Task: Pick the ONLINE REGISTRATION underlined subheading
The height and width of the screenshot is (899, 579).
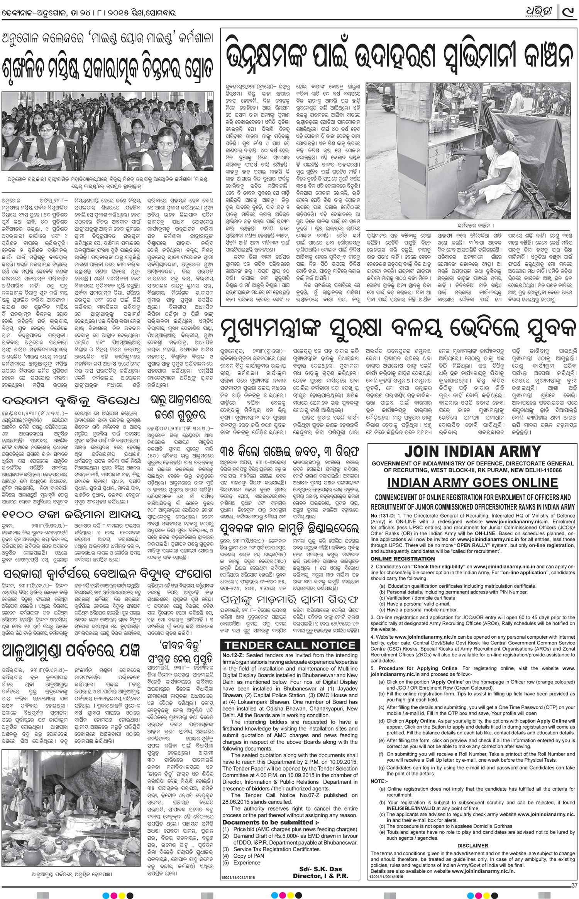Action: point(402,559)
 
